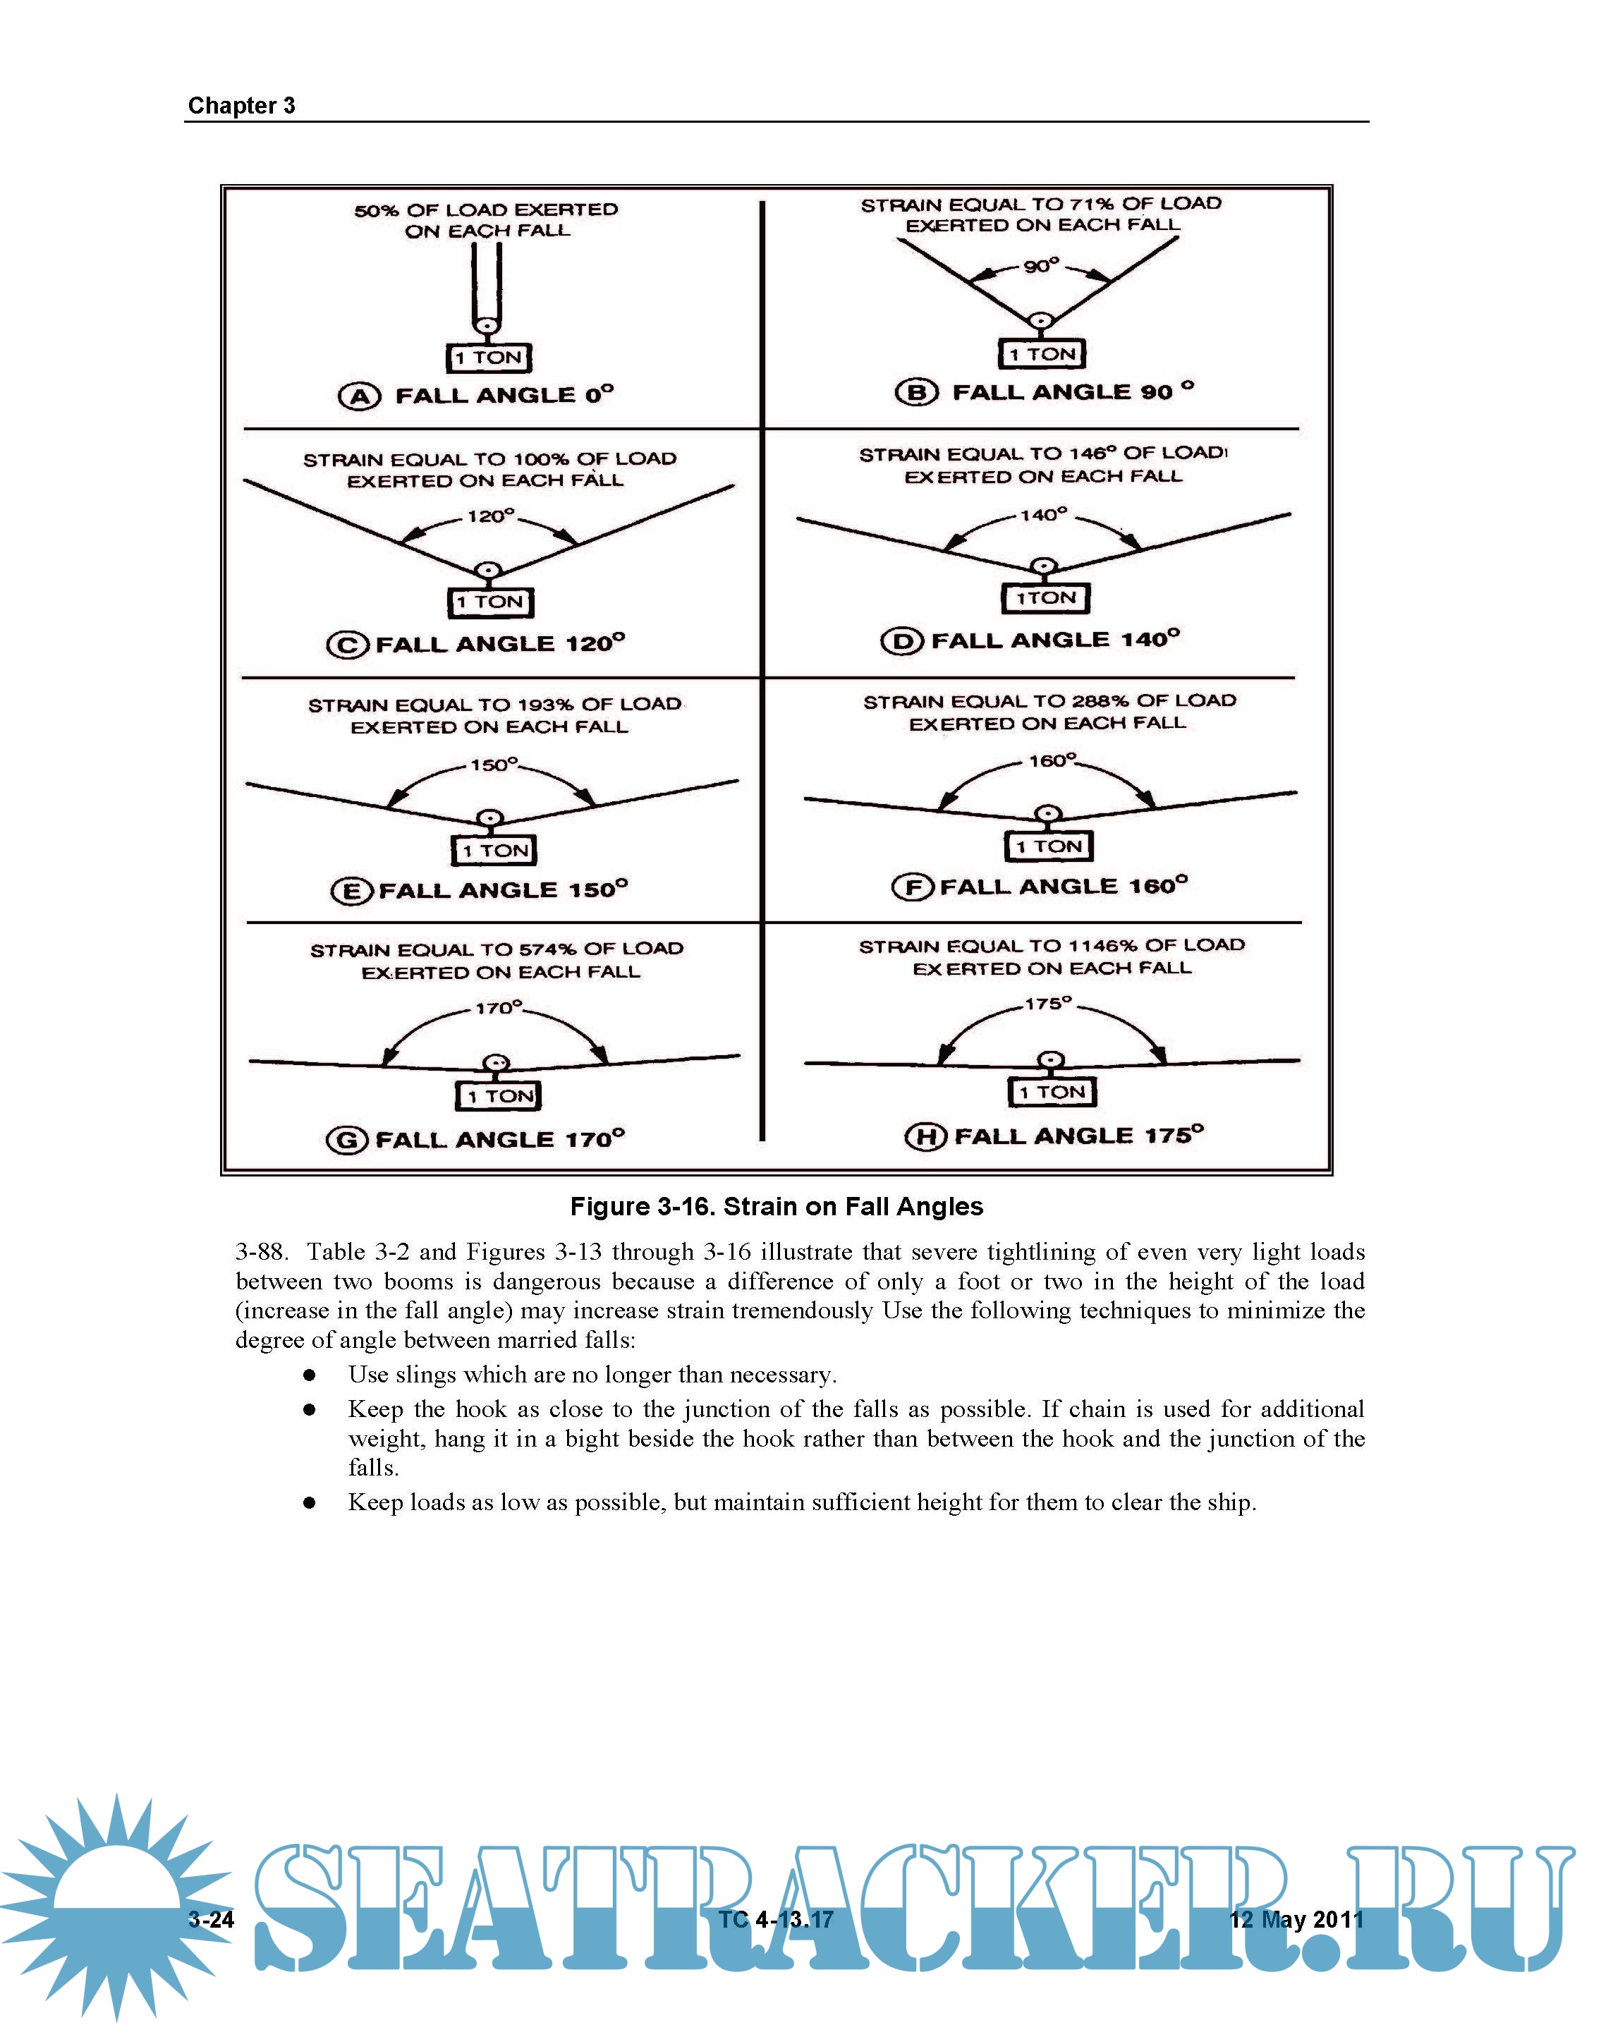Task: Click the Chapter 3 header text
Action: pos(241,106)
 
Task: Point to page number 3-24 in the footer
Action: pos(211,1919)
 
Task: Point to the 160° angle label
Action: pos(1052,760)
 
